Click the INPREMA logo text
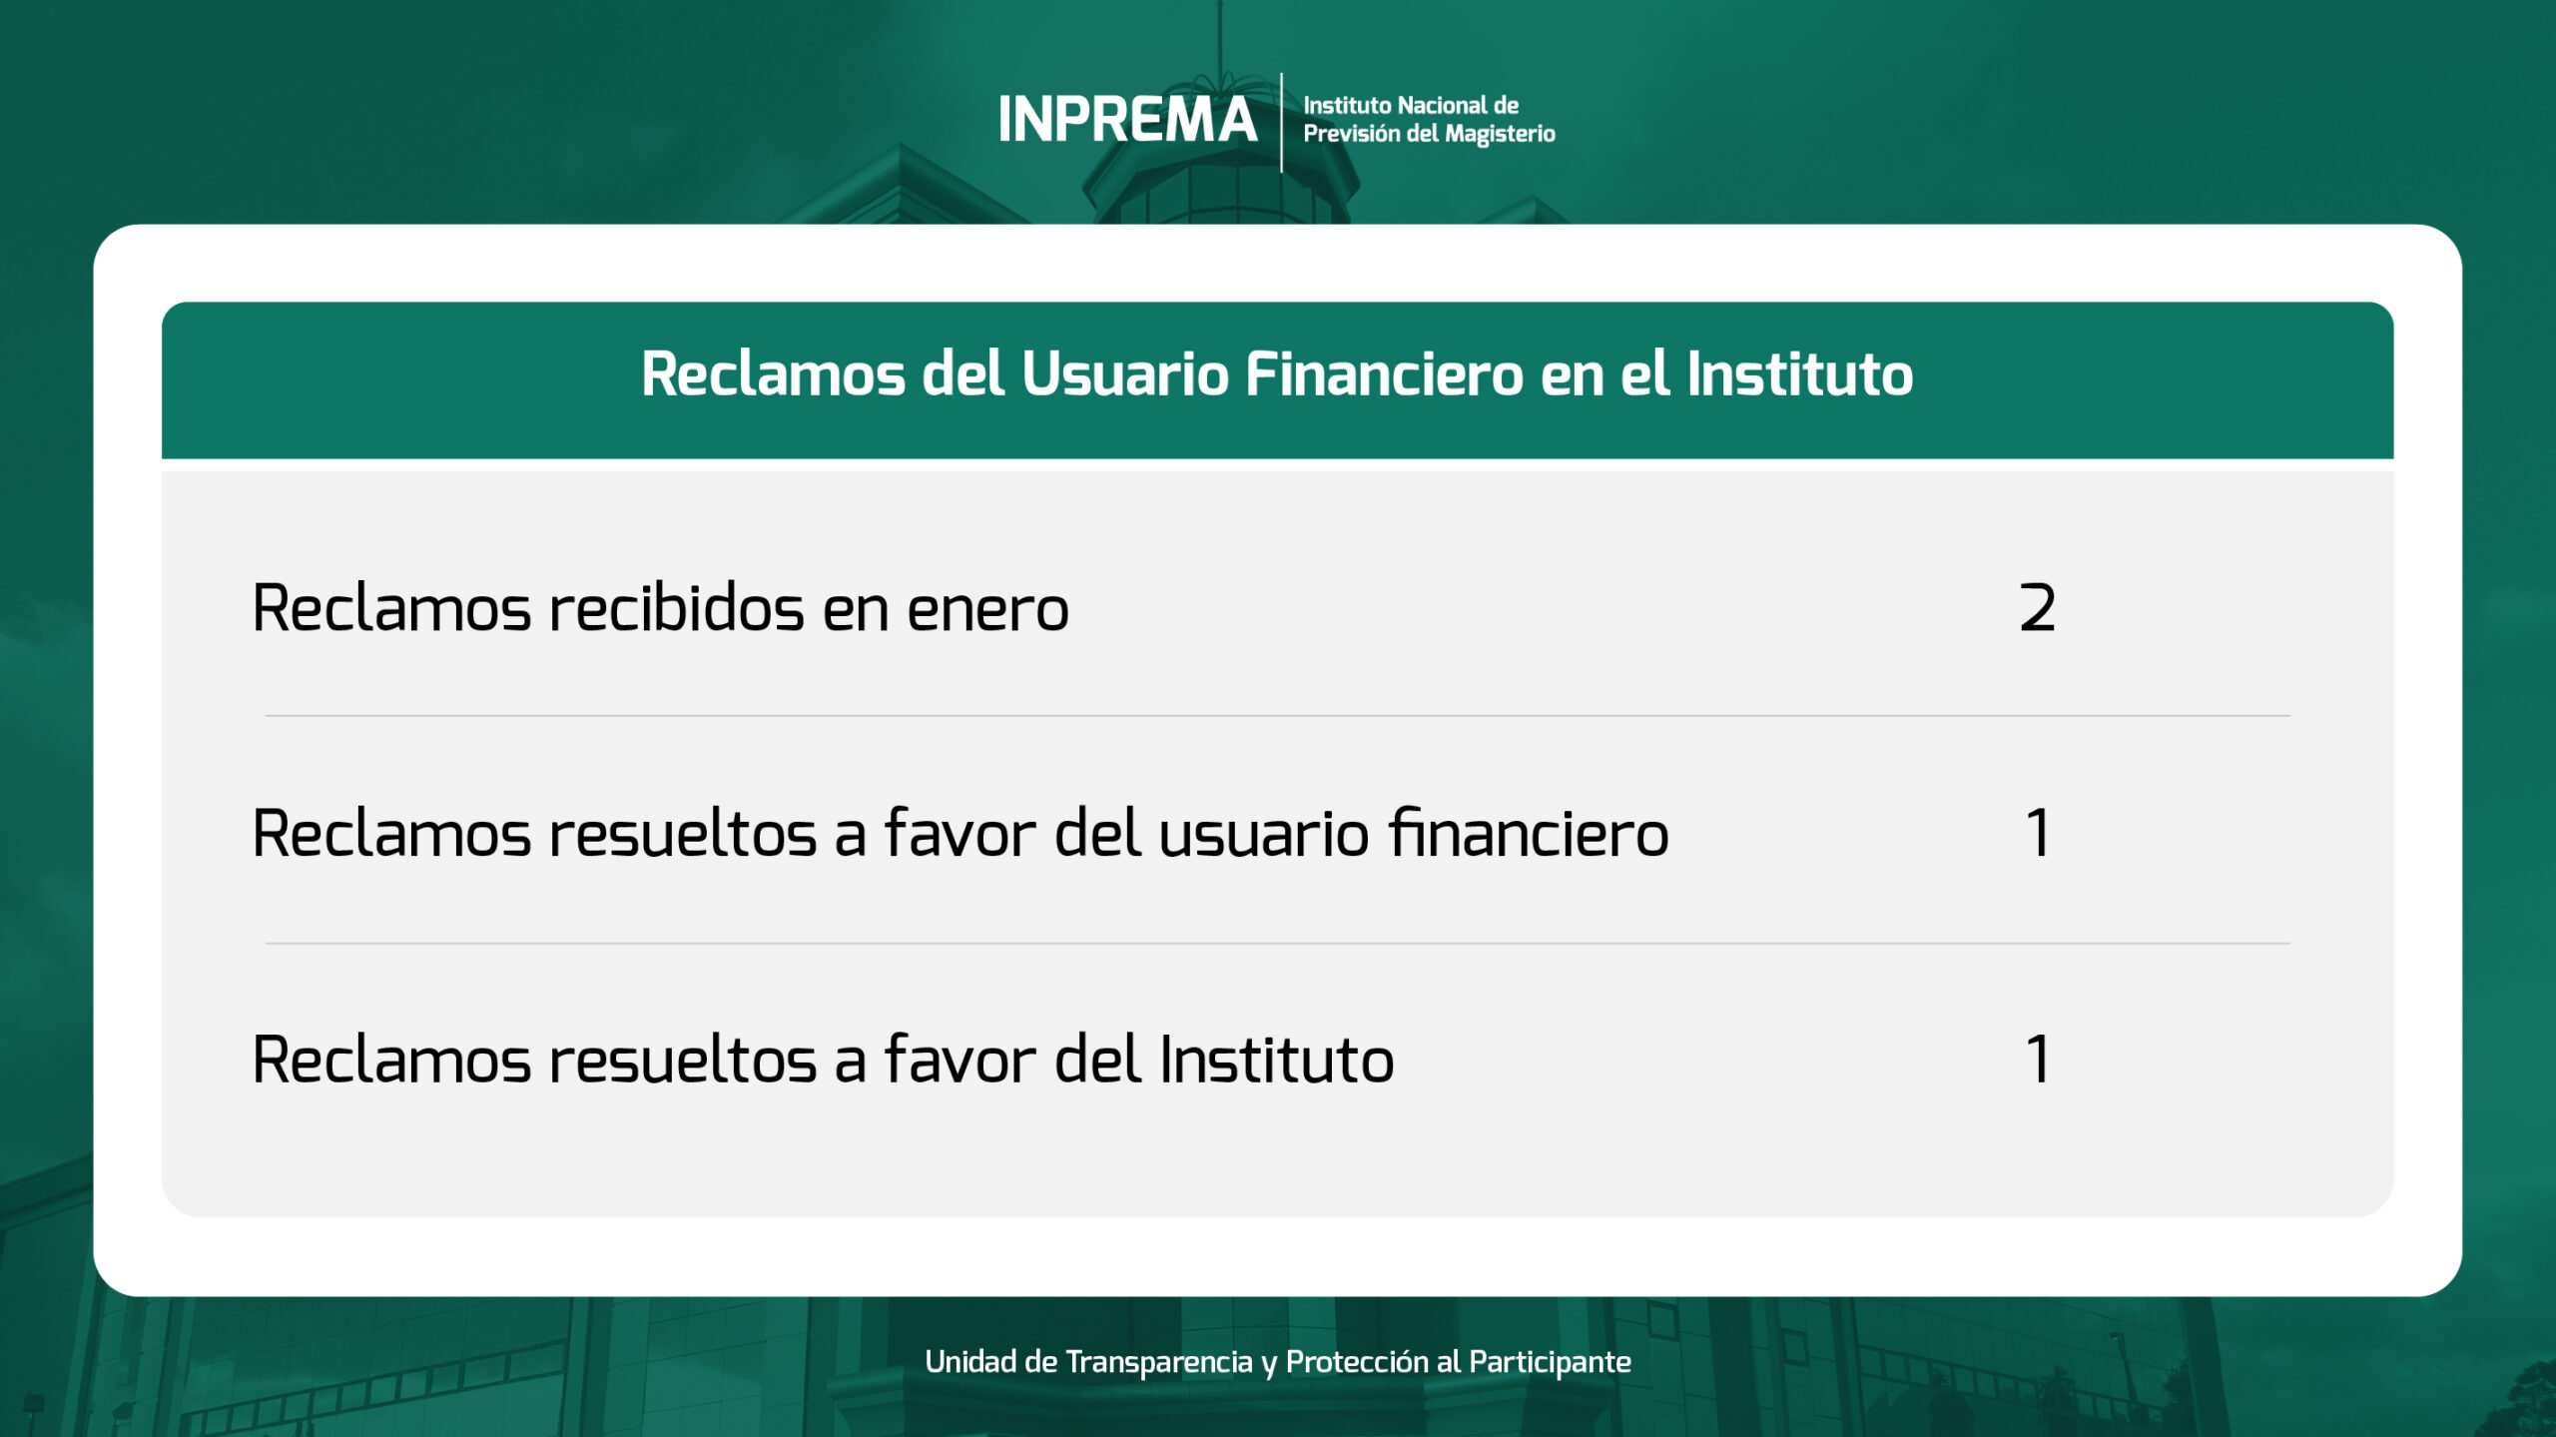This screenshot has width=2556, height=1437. point(1127,120)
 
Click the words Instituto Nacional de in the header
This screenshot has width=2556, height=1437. point(1411,105)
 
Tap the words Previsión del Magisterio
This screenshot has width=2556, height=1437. point(1429,134)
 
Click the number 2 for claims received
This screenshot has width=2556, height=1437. point(2037,607)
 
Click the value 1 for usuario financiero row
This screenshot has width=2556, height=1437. point(2038,833)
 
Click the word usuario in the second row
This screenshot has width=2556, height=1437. point(1263,835)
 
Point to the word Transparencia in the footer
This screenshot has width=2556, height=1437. point(1158,1361)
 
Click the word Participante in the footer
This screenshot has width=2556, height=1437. point(1550,1362)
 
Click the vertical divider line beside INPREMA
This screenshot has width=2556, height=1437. point(1281,122)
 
